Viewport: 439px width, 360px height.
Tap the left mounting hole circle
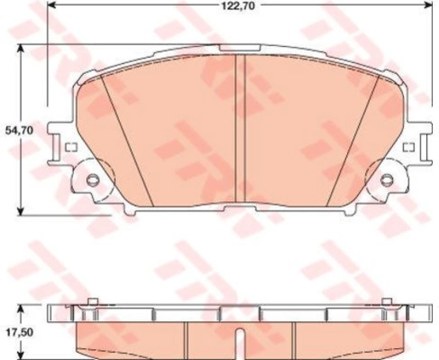[92, 180]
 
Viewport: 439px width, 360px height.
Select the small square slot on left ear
[71, 148]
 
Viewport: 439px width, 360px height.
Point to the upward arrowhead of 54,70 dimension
[20, 49]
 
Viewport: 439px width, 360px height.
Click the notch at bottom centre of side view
[240, 337]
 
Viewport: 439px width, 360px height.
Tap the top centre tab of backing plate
[240, 48]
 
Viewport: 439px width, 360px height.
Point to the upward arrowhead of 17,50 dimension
[20, 308]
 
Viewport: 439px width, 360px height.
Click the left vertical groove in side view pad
[186, 340]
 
